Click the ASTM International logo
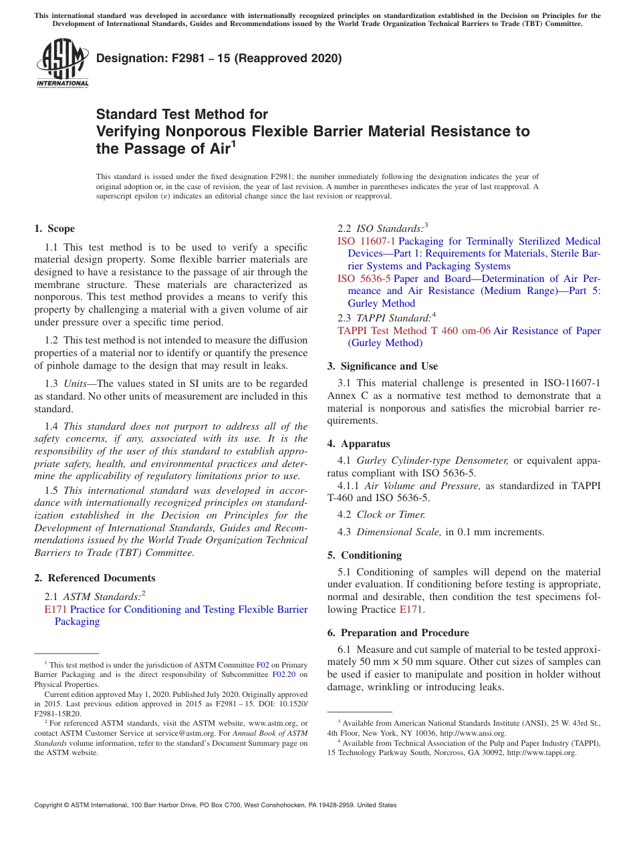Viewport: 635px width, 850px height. (x=62, y=64)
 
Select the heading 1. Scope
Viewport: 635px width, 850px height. (x=55, y=229)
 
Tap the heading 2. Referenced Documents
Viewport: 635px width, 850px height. (x=95, y=578)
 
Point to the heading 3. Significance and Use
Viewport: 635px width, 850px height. (x=382, y=366)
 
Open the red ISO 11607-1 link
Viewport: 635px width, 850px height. (x=366, y=241)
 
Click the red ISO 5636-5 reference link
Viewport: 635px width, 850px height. (x=364, y=279)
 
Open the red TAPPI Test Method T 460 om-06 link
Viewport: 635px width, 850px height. (x=414, y=331)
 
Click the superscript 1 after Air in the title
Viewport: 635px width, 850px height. (x=233, y=144)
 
